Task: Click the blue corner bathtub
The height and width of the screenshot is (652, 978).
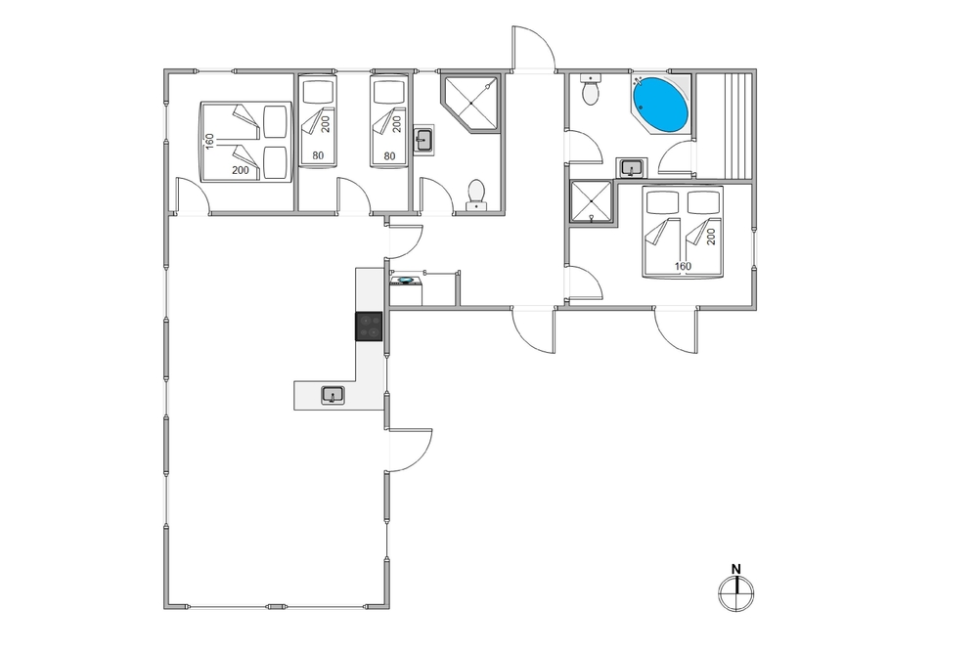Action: (x=660, y=105)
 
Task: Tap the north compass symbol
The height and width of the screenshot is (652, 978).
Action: (x=736, y=592)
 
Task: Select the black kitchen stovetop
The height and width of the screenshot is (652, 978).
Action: (x=369, y=326)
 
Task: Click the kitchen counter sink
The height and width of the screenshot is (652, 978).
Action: (x=333, y=395)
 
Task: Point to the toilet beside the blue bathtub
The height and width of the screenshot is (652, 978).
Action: (x=590, y=90)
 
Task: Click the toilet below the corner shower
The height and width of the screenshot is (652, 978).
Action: (x=476, y=195)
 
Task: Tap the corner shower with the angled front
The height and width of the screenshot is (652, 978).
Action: (x=471, y=104)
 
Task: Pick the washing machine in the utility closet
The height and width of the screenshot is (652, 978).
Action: (x=406, y=290)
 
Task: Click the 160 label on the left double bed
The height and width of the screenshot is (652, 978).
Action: (x=209, y=141)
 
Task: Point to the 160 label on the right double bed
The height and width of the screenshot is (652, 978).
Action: (x=683, y=266)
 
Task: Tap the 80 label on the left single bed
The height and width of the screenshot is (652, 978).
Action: (x=318, y=155)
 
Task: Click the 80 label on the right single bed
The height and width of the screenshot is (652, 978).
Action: (x=389, y=155)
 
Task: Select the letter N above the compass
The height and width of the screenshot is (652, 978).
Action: (x=736, y=569)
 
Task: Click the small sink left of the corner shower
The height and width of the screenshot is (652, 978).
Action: (x=424, y=139)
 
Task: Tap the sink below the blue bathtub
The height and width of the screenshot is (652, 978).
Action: (x=632, y=168)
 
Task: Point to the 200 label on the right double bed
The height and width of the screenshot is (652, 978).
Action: (x=712, y=237)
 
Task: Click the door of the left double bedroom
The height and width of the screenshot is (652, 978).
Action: (x=193, y=196)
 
